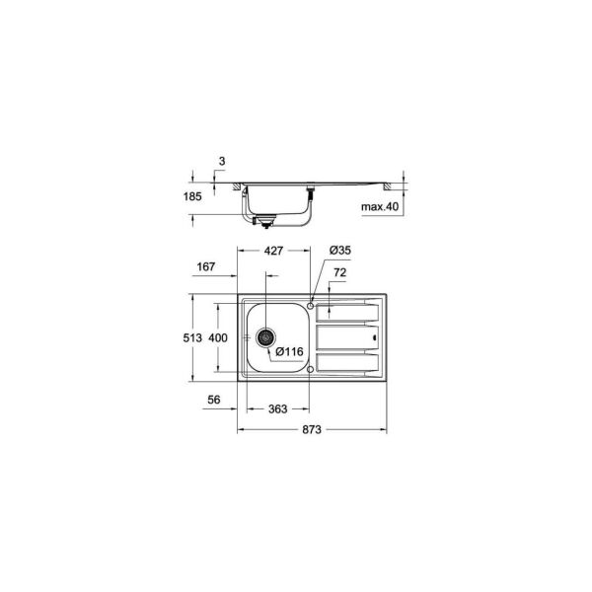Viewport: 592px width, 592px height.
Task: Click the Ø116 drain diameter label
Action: click(289, 350)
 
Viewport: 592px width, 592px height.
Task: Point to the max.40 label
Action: click(380, 207)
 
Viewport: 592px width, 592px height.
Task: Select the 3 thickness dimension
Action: click(223, 159)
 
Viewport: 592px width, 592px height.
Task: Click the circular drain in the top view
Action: click(264, 336)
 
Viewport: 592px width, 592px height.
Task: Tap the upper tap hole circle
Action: click(312, 306)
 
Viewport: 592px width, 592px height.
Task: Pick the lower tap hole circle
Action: click(312, 369)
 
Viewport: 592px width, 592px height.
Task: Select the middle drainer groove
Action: click(345, 337)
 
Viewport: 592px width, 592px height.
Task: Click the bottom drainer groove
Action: click(345, 364)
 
